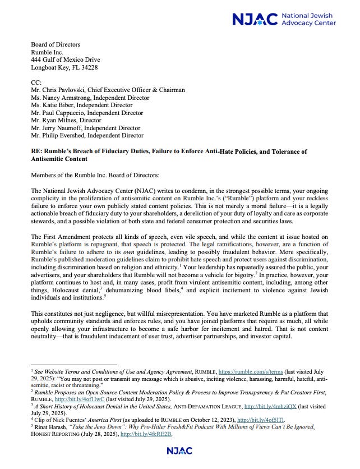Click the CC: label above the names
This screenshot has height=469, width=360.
[x=36, y=82]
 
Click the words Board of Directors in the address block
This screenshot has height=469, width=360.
[x=56, y=45]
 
